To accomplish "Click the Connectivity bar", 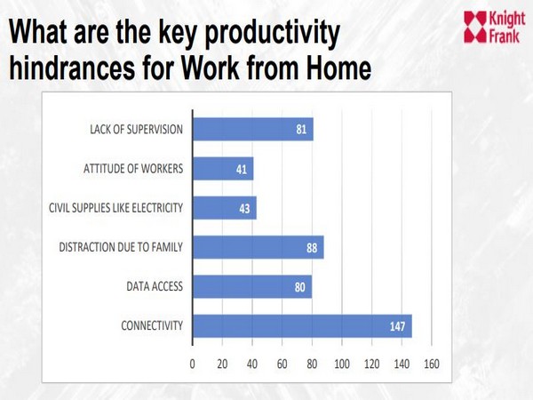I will pos(302,326).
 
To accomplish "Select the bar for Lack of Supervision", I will pos(253,130).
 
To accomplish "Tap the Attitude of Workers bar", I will pos(223,169).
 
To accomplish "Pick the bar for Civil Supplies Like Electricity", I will pos(225,208).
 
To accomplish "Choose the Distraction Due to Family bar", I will pos(258,247).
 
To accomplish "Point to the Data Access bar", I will pos(252,286).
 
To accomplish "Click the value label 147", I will pos(397,326).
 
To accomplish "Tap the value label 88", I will pos(311,248).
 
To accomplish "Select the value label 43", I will pos(245,209).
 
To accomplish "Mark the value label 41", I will pos(242,170).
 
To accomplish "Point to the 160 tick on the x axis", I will pos(432,364).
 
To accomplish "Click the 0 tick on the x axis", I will pos(193,364).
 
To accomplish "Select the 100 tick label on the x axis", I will pos(342,364).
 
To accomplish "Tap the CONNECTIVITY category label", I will pos(152,326).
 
